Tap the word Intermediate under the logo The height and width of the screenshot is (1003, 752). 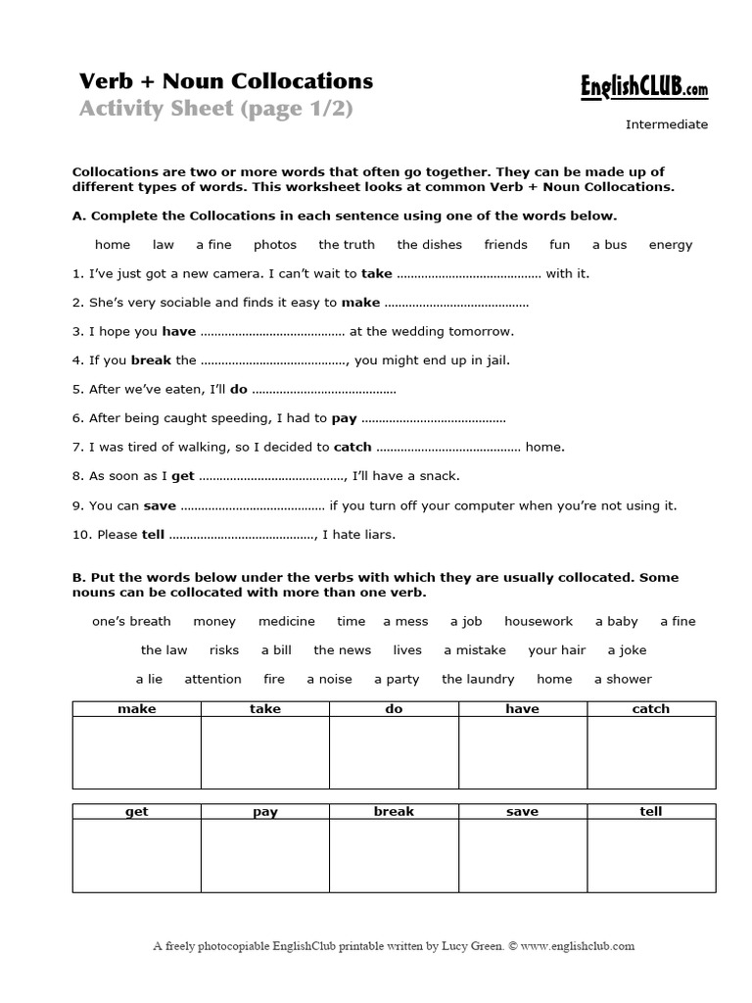coord(666,124)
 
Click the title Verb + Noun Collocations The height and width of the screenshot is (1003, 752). coord(226,80)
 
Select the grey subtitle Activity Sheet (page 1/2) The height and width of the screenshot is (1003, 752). coord(215,109)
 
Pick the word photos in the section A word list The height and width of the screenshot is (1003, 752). coord(274,245)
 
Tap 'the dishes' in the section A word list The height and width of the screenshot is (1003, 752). coord(429,245)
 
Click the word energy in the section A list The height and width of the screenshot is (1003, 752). coord(670,245)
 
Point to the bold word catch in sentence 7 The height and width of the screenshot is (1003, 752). coord(352,448)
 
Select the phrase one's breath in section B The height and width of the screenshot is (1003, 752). coord(131,621)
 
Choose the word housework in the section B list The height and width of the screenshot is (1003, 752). coord(539,621)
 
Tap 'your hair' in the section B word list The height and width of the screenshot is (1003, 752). coord(556,650)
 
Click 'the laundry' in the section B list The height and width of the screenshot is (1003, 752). coord(478,679)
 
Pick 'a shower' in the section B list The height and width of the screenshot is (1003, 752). coord(623,679)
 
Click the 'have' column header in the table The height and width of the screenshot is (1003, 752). coord(522,709)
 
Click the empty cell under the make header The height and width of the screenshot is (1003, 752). coord(136,751)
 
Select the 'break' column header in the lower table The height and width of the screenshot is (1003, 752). coord(394,811)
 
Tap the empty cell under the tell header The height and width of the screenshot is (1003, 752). coord(650,854)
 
